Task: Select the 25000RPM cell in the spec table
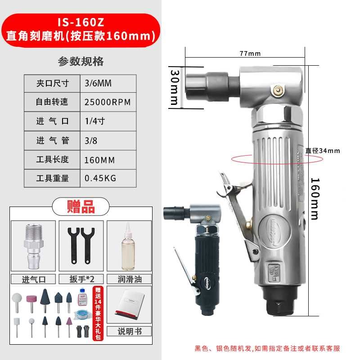click(108, 102)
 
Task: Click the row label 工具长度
click(53, 159)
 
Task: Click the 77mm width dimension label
click(250, 54)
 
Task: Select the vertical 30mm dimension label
click(175, 87)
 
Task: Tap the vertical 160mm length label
click(315, 198)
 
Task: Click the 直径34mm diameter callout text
click(323, 151)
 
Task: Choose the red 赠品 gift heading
click(81, 207)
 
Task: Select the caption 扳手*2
click(81, 279)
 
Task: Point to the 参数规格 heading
click(81, 61)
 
